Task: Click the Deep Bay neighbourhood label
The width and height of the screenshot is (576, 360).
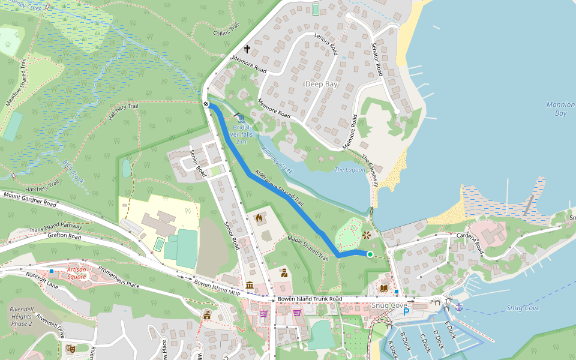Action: [x=322, y=84]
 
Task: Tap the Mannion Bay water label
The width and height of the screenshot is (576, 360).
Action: [x=560, y=109]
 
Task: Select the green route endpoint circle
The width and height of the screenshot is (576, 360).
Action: [x=370, y=255]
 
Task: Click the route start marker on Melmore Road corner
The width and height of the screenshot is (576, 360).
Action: [x=206, y=104]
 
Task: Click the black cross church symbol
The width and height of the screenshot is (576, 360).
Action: [x=247, y=49]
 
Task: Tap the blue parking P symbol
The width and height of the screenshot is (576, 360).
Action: [x=406, y=312]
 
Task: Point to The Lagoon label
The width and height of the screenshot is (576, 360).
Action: [x=349, y=170]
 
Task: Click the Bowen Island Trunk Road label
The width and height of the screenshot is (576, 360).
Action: [x=309, y=299]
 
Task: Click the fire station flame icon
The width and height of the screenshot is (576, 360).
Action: [x=259, y=218]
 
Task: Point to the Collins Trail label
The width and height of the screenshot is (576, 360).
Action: [x=226, y=30]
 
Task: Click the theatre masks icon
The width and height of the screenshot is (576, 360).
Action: [x=71, y=347]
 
